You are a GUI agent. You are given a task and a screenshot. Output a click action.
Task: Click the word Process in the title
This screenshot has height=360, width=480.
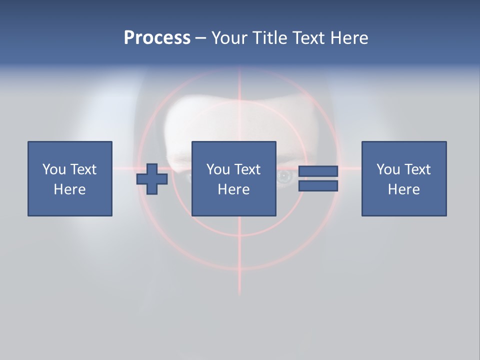(x=157, y=38)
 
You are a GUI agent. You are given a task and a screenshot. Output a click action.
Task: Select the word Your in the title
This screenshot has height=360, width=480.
(x=227, y=38)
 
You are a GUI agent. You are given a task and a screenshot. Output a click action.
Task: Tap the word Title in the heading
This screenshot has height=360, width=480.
(x=268, y=38)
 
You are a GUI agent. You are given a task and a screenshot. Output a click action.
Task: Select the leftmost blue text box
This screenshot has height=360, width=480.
(x=69, y=178)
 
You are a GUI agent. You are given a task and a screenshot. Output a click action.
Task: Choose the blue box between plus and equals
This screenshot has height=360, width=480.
(x=233, y=178)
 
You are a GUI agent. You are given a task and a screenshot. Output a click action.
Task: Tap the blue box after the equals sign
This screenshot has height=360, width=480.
(x=403, y=178)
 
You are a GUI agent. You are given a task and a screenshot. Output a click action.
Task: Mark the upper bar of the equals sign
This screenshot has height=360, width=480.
(x=318, y=171)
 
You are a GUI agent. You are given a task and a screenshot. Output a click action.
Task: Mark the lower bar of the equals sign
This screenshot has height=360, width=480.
(x=318, y=186)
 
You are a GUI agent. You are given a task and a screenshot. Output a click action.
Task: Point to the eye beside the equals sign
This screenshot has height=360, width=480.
(x=285, y=176)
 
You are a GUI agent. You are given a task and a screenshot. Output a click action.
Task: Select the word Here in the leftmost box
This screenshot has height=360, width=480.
(x=69, y=189)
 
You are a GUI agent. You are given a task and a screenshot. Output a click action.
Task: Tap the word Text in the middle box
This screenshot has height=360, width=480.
(x=247, y=169)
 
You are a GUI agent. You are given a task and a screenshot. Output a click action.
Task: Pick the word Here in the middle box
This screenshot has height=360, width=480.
(x=233, y=189)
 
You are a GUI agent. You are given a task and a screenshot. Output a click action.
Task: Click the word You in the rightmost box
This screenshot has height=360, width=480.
(x=388, y=169)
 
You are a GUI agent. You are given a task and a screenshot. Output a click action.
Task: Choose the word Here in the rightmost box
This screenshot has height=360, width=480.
(x=403, y=189)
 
